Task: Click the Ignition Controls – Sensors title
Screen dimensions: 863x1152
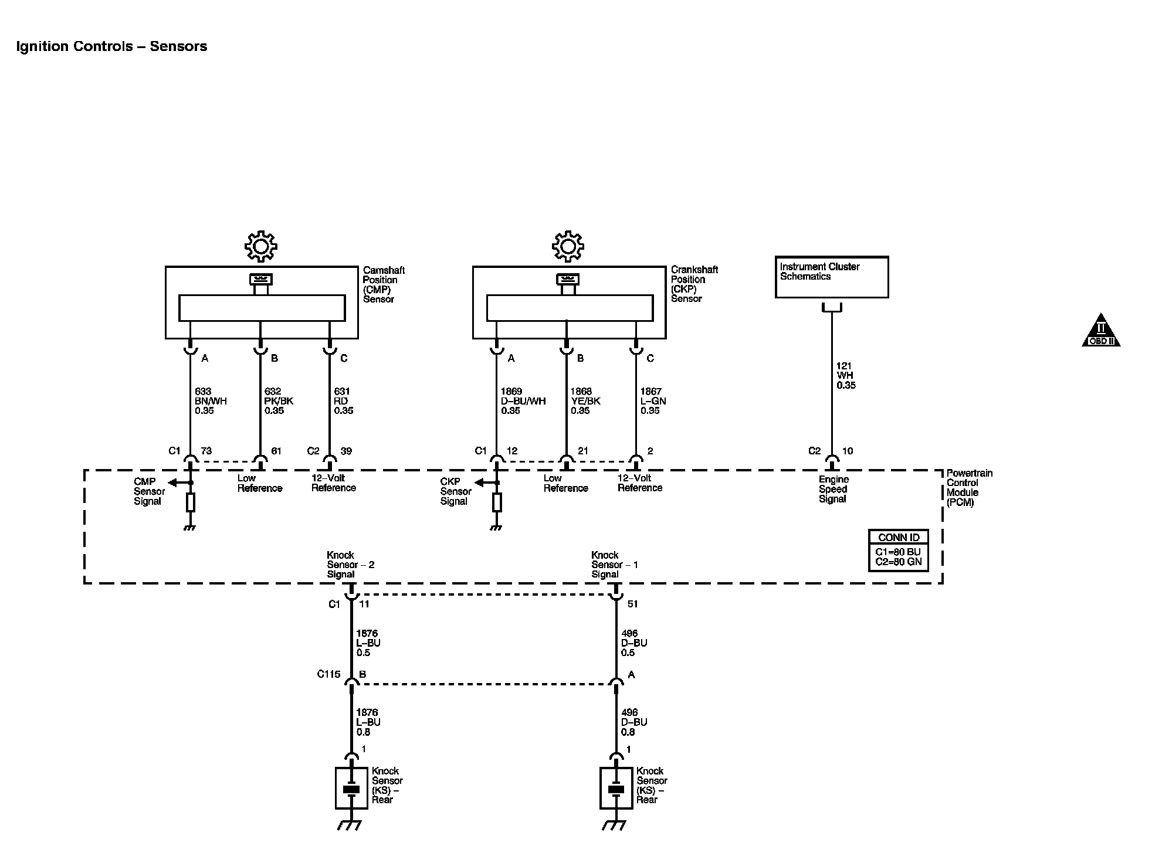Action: tap(111, 47)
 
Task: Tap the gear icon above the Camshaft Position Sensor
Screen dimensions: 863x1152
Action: tap(261, 246)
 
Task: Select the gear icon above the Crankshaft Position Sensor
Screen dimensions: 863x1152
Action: tap(568, 246)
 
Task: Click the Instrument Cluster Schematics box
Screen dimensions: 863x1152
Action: tap(831, 277)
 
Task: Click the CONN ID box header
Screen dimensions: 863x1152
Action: tap(899, 538)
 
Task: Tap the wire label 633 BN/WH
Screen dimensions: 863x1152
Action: tap(211, 401)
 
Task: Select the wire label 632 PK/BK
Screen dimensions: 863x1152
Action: tap(279, 401)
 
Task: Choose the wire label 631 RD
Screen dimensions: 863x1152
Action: tap(344, 401)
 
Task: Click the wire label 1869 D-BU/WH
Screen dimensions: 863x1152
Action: tap(523, 401)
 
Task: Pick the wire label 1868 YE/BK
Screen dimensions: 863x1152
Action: tap(585, 401)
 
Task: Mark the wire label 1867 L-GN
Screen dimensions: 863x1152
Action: tap(653, 401)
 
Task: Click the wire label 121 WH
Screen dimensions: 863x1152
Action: tap(846, 376)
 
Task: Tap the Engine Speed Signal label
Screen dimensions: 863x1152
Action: tap(833, 490)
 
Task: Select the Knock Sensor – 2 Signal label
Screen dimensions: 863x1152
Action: tap(350, 565)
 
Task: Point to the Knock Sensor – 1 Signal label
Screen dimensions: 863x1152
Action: tap(614, 565)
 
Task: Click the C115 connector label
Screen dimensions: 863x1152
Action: tap(328, 674)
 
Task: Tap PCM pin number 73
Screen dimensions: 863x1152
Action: tap(206, 451)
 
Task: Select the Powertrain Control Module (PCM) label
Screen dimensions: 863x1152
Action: tap(969, 488)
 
